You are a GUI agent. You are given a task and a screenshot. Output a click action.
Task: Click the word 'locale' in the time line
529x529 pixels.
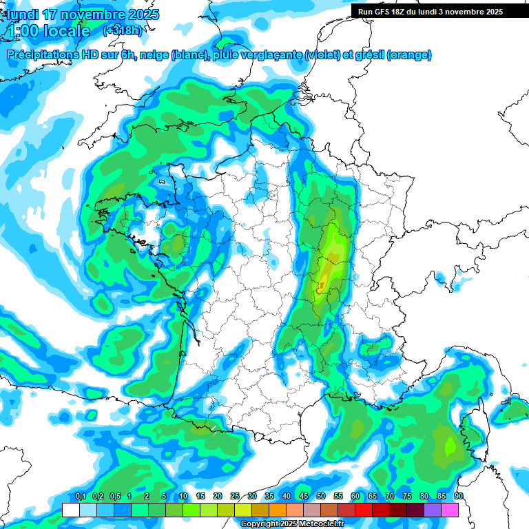coord(67,31)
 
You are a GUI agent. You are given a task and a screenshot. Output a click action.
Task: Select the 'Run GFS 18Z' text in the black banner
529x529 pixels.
coord(381,12)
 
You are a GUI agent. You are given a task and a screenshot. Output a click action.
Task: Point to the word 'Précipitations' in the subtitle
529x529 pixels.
coord(42,55)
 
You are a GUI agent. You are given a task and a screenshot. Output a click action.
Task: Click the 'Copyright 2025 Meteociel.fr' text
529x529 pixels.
coord(292,524)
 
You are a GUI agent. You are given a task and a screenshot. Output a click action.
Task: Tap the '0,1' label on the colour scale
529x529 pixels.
coord(80,497)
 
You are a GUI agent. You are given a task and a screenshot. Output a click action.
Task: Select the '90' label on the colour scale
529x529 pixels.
coord(458,497)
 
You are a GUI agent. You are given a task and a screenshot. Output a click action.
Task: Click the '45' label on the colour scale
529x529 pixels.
coord(304,497)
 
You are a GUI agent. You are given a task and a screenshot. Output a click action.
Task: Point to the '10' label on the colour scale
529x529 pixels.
coord(183,497)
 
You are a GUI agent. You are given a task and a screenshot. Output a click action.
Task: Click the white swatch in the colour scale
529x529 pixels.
coord(70,510)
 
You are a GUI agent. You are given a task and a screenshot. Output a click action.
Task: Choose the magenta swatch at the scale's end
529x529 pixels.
coord(450,510)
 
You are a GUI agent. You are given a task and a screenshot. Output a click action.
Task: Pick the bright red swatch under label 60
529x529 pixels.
coord(364,510)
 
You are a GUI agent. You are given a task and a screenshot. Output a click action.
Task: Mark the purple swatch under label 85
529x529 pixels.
coord(433,510)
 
